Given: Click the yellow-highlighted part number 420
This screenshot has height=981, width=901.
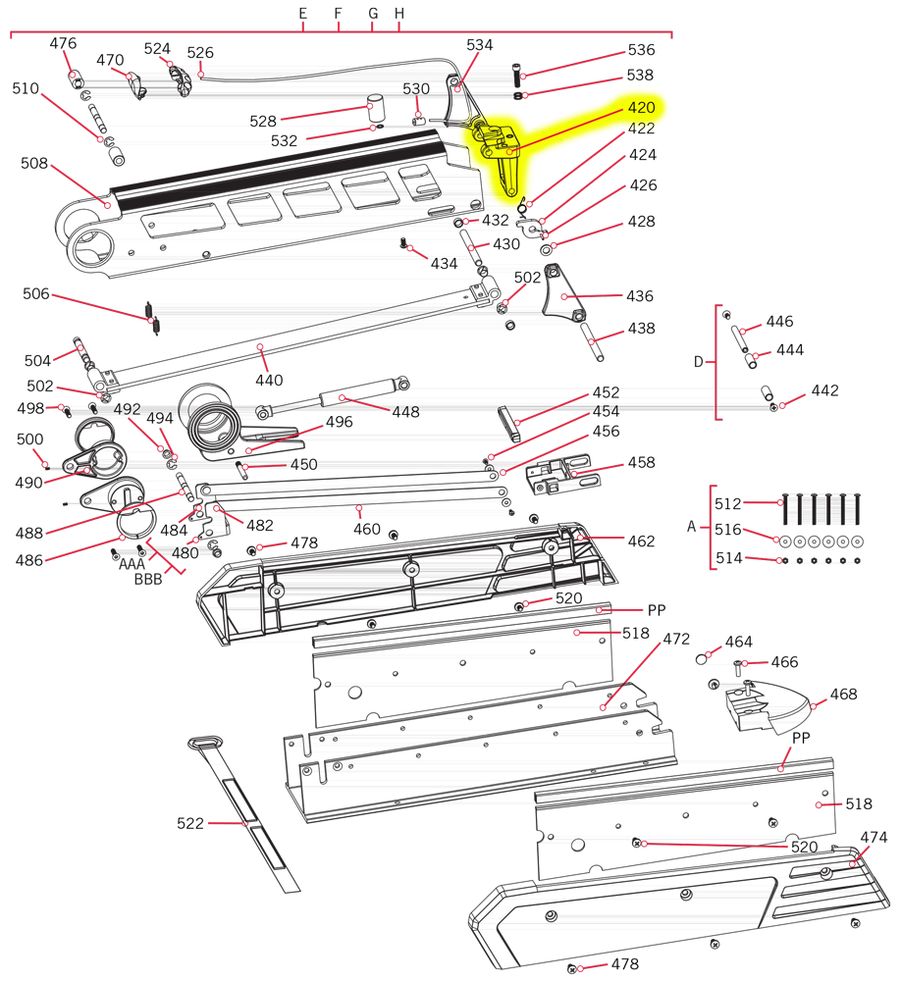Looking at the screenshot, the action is (x=641, y=108).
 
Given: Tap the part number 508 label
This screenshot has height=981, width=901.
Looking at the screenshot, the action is (x=33, y=163).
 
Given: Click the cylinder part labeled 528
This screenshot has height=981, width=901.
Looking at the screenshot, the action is (x=376, y=108).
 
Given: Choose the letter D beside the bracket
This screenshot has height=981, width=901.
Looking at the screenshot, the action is (x=698, y=362).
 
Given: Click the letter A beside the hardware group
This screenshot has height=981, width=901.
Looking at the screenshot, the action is (x=691, y=527).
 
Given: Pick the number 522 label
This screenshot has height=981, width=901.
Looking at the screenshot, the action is (x=190, y=823).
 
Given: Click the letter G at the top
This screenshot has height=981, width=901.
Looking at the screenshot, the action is (x=373, y=13).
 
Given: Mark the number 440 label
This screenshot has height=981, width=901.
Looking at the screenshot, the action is (x=269, y=381).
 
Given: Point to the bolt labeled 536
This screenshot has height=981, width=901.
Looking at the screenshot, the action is (x=516, y=76).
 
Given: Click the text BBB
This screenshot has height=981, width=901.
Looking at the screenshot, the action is (x=148, y=580).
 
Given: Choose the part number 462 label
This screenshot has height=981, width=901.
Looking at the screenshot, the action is (x=641, y=542).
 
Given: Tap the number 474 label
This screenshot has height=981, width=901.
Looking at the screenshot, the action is (x=874, y=838).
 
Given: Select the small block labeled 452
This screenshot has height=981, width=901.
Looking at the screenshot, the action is (x=509, y=424).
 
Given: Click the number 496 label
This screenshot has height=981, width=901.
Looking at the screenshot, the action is (x=339, y=422).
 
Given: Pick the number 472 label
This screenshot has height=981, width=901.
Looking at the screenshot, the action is (x=676, y=640).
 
